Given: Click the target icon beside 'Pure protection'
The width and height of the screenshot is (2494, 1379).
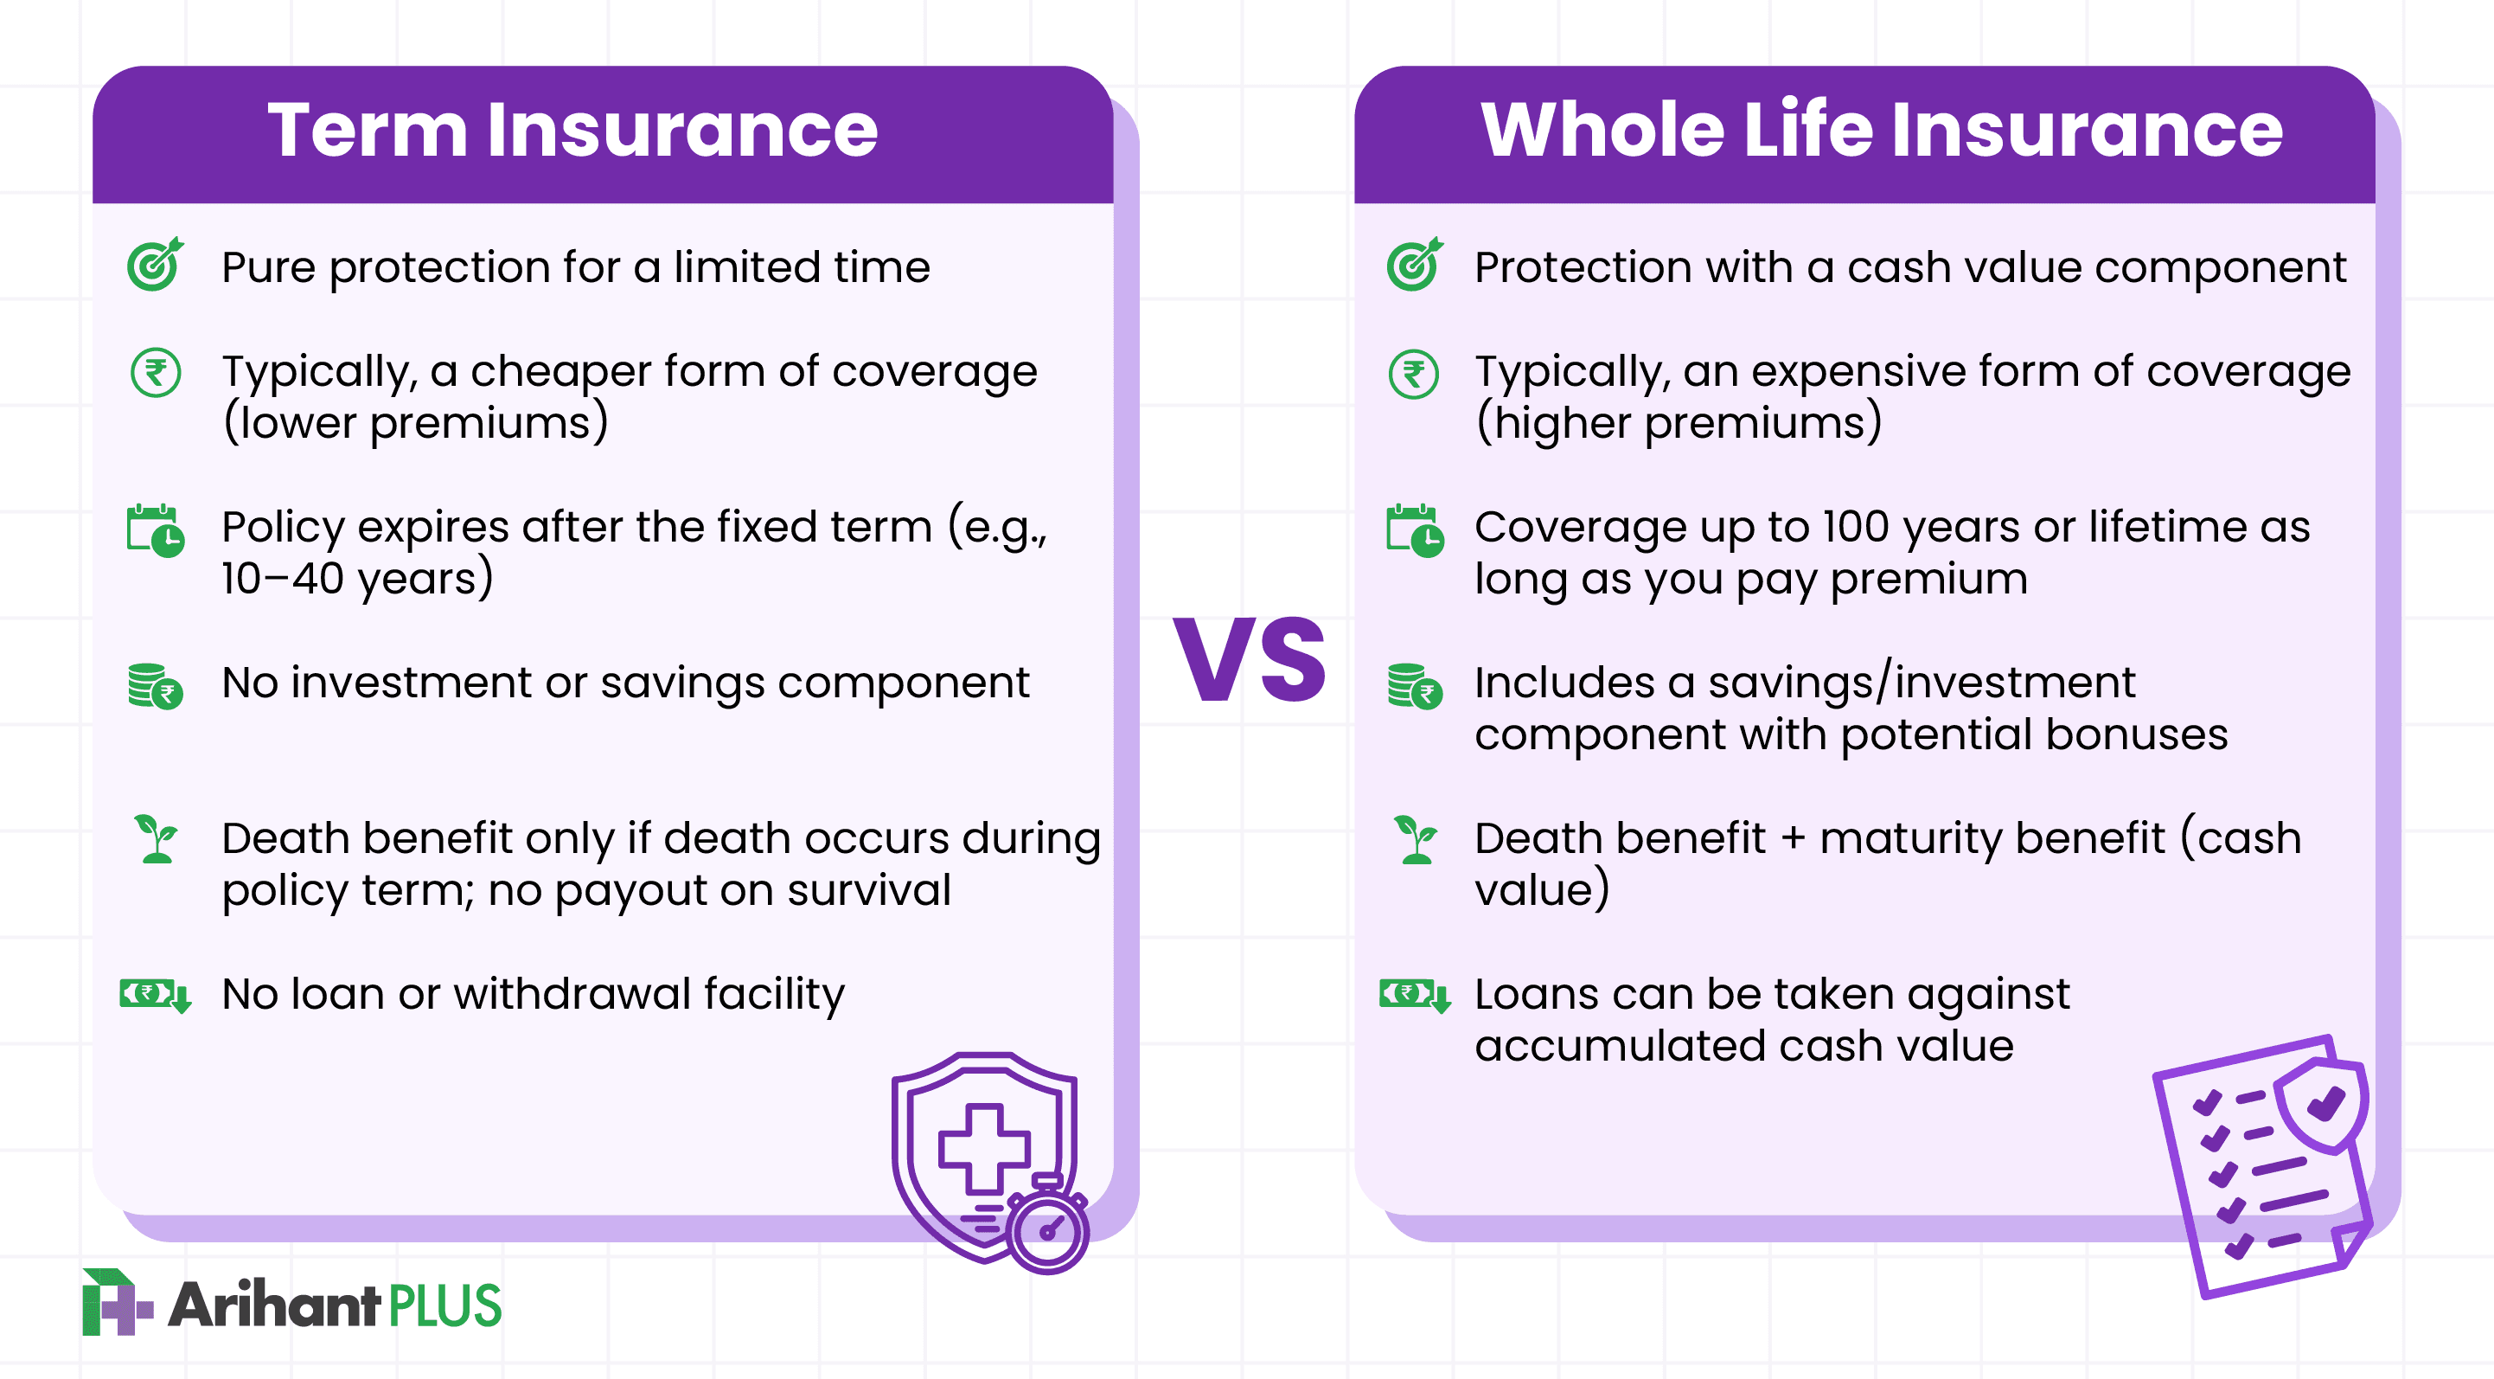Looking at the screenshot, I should (155, 265).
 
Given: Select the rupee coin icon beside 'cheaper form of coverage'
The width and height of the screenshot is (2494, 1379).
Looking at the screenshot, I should (156, 373).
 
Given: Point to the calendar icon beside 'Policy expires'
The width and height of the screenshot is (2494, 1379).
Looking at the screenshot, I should (155, 530).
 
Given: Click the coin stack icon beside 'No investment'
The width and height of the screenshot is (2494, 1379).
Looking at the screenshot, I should (155, 686).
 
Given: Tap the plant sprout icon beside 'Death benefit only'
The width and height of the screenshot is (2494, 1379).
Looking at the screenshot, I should (156, 838).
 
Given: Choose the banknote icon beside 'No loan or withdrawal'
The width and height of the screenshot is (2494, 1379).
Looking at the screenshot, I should (155, 995).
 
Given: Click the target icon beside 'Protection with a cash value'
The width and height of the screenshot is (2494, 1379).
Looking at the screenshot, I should (1414, 265).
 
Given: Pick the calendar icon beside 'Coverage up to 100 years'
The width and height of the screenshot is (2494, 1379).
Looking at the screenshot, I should (1415, 530).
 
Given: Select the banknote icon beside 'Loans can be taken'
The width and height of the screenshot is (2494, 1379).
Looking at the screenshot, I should (1415, 995).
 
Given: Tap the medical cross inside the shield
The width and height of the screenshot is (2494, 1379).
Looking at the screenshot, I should (983, 1149).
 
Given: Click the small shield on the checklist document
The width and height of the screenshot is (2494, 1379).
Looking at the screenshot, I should (2322, 1104).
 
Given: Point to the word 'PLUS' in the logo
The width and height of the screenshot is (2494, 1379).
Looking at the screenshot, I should (444, 1305).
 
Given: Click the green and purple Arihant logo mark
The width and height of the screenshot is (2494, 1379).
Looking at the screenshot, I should (115, 1303).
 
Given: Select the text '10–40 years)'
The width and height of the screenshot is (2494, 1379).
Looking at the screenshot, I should (356, 579).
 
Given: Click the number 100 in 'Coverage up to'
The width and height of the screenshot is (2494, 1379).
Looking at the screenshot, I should (1855, 527).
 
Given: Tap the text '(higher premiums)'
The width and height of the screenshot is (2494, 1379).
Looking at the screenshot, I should (1679, 423).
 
